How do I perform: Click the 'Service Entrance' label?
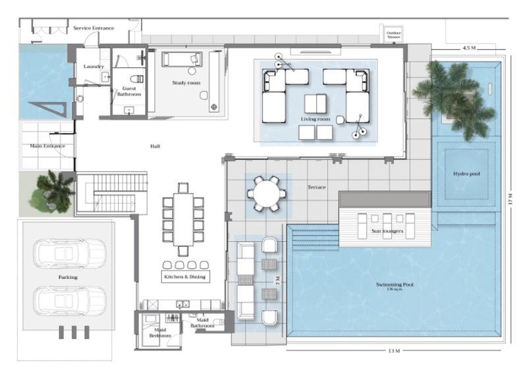[x=93, y=28]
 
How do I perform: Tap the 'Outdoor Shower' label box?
[x=394, y=34]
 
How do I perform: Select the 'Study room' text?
[x=186, y=83]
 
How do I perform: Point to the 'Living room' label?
[x=316, y=119]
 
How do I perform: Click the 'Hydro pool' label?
[x=466, y=174]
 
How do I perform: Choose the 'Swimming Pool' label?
[x=395, y=285]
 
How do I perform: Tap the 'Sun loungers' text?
[x=387, y=232]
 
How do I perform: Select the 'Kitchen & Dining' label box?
[x=185, y=277]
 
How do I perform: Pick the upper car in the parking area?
[x=69, y=253]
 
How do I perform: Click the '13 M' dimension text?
[x=394, y=352]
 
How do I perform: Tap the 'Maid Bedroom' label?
[x=159, y=332]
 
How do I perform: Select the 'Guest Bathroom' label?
[x=128, y=92]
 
